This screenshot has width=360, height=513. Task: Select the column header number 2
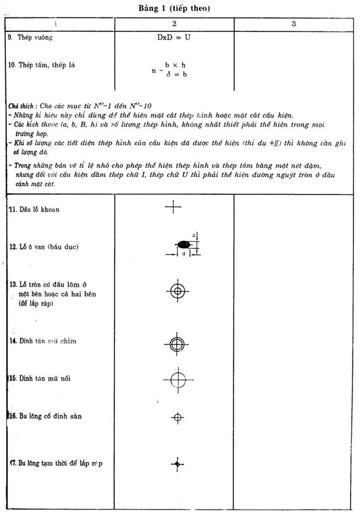coord(174,24)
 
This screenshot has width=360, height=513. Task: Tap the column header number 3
coord(293,24)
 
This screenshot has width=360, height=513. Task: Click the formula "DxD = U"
coord(174,37)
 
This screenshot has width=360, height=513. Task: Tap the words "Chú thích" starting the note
coord(20,107)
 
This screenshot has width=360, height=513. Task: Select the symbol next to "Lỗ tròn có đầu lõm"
coord(177,290)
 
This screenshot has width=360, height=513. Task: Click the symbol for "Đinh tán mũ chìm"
coord(176,344)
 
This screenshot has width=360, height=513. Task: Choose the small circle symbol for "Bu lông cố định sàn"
coord(178,417)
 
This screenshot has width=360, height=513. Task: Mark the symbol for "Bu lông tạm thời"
coord(177,463)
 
